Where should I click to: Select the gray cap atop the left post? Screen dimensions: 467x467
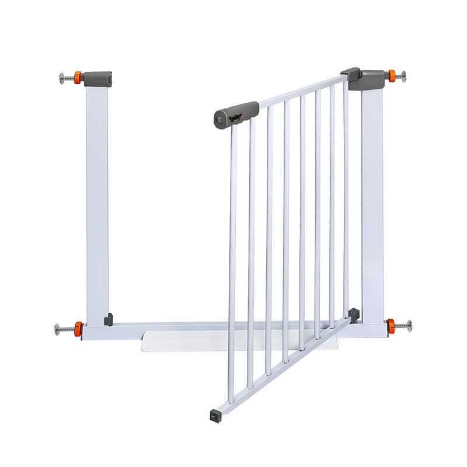97,78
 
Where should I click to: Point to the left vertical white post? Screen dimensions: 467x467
97,198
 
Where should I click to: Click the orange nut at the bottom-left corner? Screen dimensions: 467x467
78,327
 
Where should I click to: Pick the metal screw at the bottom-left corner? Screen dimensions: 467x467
62,328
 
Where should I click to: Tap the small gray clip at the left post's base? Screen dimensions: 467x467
108,319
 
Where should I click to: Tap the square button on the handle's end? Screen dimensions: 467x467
218,119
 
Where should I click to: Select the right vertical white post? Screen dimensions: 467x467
372,204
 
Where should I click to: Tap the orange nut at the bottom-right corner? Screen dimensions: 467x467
390,325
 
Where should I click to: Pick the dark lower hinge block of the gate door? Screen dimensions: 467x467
354,315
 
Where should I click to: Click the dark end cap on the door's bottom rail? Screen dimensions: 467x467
214,415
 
